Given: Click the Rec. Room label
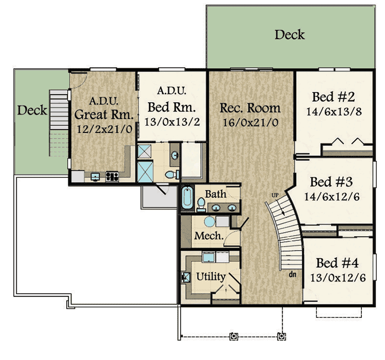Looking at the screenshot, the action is click(250, 108).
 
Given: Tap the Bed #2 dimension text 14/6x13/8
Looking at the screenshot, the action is click(334, 112).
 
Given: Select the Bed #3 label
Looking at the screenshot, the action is click(331, 182).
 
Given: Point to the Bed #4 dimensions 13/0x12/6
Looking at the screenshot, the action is click(338, 278).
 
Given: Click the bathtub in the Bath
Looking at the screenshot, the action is click(187, 198).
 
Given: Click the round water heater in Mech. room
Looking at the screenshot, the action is click(209, 221).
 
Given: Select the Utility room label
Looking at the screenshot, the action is click(211, 277).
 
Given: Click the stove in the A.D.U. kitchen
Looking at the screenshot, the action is click(112, 176).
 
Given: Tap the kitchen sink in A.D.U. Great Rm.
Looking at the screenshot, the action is click(95, 177).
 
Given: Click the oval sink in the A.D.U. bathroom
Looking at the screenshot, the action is click(175, 155).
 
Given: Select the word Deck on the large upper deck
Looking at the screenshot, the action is click(290, 34).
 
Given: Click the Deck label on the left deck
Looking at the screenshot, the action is click(32, 110).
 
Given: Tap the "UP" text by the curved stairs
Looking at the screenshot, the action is click(275, 195).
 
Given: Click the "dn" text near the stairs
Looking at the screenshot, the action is click(293, 274).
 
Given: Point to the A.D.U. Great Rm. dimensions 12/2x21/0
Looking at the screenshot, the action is click(105, 129).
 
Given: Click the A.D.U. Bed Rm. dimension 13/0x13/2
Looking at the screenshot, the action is click(172, 122).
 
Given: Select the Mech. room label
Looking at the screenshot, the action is click(209, 236).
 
